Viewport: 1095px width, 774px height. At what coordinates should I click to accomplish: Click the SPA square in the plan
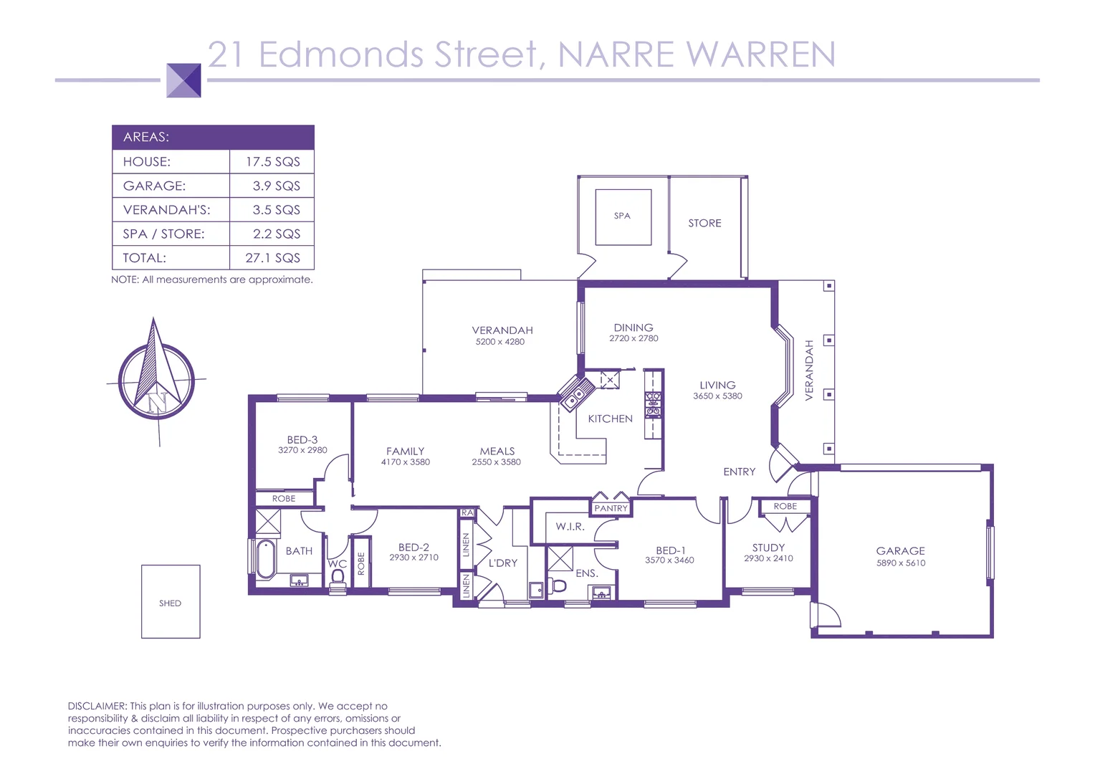coord(623,216)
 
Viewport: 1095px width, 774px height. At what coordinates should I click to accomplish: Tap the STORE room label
coord(704,224)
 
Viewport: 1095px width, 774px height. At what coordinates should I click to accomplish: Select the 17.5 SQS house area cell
coord(272,162)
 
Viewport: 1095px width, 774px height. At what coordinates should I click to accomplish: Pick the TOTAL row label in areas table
coord(145,258)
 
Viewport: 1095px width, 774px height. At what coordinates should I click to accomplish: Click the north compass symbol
coord(156,380)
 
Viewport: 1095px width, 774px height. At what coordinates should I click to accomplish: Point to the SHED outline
coord(171,602)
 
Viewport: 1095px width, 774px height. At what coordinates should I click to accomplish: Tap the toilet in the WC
coord(338,578)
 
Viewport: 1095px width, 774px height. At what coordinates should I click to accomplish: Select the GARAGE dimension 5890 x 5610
coord(901,563)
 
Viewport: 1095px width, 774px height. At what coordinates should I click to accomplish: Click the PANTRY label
coord(611,508)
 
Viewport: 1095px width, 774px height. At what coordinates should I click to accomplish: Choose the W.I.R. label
coord(570,527)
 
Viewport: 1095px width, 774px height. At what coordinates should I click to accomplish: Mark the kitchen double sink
coord(574,396)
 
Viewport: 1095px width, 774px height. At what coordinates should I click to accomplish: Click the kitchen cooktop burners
coord(653,403)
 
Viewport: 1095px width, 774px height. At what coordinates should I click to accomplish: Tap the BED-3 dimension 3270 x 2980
coord(302,450)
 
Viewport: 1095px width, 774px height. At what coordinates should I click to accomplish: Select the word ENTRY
coord(739,472)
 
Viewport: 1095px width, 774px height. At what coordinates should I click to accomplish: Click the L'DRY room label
coord(502,563)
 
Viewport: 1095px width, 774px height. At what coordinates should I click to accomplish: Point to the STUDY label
coord(768,548)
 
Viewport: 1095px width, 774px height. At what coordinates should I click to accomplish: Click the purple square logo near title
coord(183,80)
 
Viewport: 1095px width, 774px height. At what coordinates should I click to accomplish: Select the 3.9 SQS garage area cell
coord(276,186)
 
